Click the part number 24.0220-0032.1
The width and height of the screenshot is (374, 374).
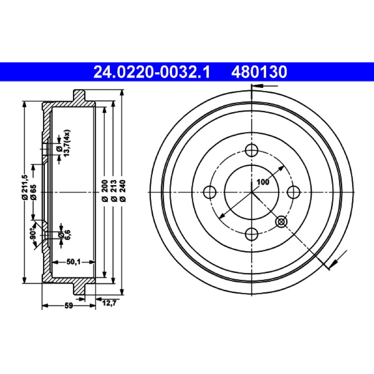coord(151,72)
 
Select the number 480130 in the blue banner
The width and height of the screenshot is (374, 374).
coord(259,72)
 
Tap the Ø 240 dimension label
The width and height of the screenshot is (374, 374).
coord(122,191)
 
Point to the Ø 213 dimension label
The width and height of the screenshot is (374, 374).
coord(114,191)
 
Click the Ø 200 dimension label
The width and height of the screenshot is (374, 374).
coord(105,191)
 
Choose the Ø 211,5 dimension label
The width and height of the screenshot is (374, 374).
coord(25,187)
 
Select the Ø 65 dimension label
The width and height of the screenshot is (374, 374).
coord(33,192)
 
